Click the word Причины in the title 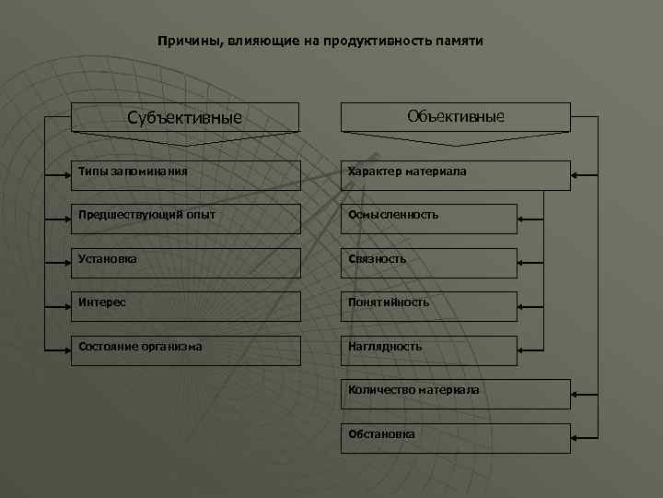tap(185, 41)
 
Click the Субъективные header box tap(186, 117)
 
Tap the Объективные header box tap(456, 117)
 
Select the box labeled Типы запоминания tap(186, 174)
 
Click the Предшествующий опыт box tap(186, 218)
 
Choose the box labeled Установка tap(186, 262)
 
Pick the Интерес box tap(186, 305)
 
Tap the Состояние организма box tap(186, 350)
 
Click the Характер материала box tap(456, 174)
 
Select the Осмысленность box tap(429, 218)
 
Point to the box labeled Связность tap(429, 262)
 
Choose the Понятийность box tap(429, 305)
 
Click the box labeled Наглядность tap(429, 350)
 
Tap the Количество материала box tap(456, 394)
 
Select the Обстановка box tap(456, 437)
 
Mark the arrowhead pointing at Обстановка tap(576, 436)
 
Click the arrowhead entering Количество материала tap(576, 394)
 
